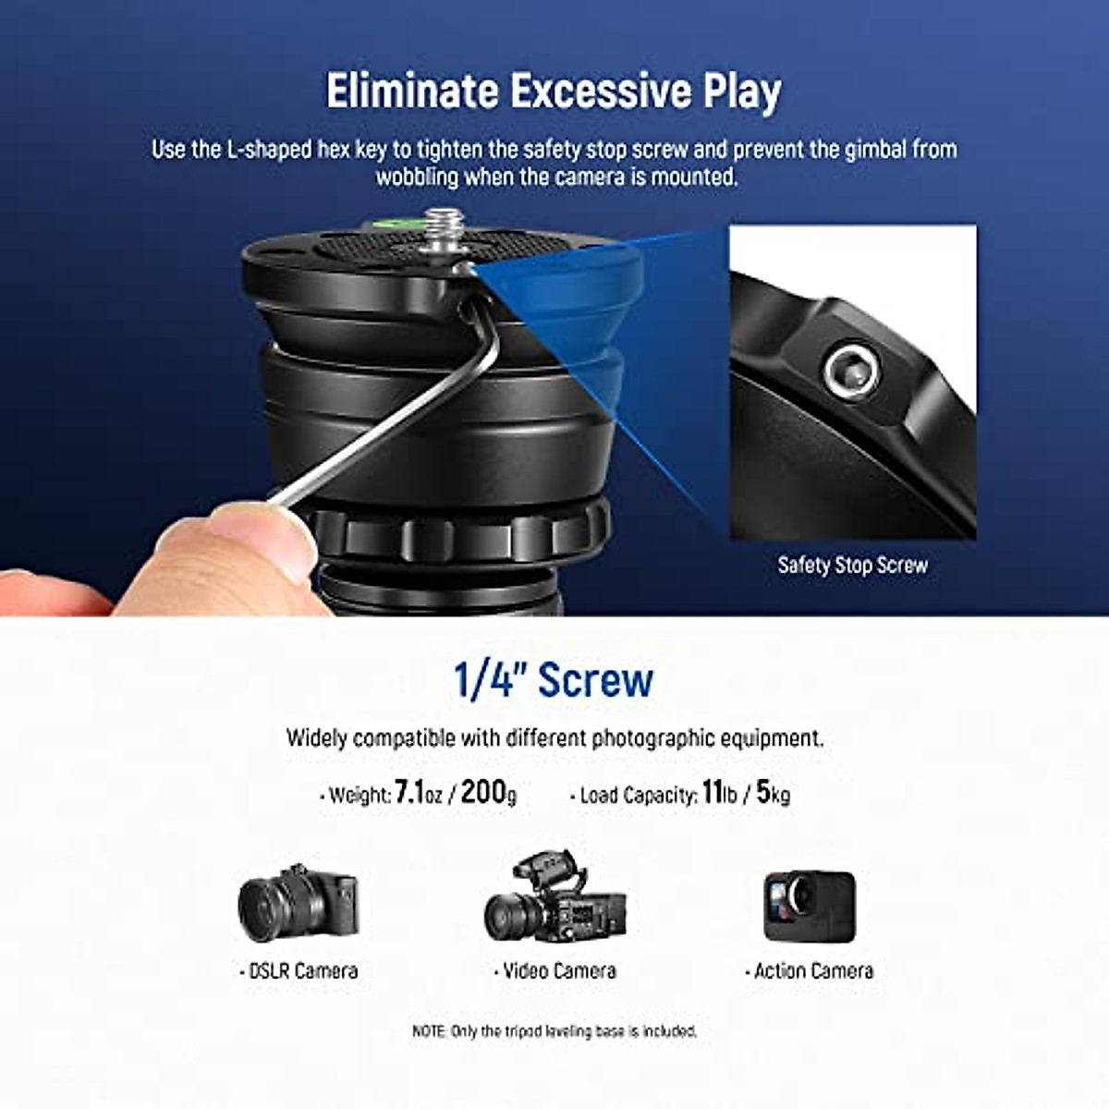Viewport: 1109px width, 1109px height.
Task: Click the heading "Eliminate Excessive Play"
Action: [x=554, y=91]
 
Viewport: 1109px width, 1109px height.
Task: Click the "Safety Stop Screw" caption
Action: [x=852, y=565]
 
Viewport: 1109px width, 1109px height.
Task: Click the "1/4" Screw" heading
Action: [x=553, y=680]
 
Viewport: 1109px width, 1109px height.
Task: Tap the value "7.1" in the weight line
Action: [x=408, y=793]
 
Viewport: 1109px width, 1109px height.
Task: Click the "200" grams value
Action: [x=483, y=792]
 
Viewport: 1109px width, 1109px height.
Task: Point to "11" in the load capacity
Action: [x=712, y=792]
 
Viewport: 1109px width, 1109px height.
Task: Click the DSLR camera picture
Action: [x=298, y=904]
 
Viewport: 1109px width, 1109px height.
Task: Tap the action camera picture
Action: [x=809, y=906]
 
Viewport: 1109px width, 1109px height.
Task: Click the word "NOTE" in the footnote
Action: [x=429, y=1030]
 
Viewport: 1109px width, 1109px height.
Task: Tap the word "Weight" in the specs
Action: [x=360, y=795]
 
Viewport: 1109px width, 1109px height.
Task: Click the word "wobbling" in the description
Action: [x=417, y=176]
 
